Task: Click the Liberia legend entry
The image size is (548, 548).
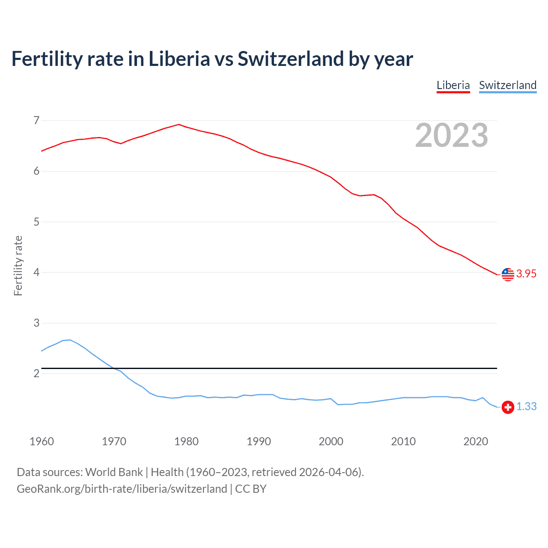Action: (453, 85)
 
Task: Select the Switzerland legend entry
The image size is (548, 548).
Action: (507, 85)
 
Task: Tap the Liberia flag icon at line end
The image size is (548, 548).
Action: (508, 274)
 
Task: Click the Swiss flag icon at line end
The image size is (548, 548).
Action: (508, 407)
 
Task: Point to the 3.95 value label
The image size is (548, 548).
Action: (526, 274)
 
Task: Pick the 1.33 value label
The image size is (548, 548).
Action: (526, 407)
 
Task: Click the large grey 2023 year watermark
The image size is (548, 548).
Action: (452, 135)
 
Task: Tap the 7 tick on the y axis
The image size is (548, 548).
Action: (36, 121)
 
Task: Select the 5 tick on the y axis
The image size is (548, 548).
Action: (36, 222)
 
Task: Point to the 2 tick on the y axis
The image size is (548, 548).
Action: (36, 374)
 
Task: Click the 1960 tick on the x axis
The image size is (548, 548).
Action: (42, 441)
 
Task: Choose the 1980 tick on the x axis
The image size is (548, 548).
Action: (186, 441)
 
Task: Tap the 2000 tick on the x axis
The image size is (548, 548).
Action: (331, 441)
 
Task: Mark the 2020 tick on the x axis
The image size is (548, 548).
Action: (476, 441)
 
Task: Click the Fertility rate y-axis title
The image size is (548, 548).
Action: (18, 265)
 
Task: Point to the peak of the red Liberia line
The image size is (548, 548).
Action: (179, 125)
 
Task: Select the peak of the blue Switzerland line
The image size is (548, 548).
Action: (70, 340)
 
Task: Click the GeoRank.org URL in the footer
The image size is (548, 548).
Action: (122, 489)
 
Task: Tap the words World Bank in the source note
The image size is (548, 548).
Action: (114, 472)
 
